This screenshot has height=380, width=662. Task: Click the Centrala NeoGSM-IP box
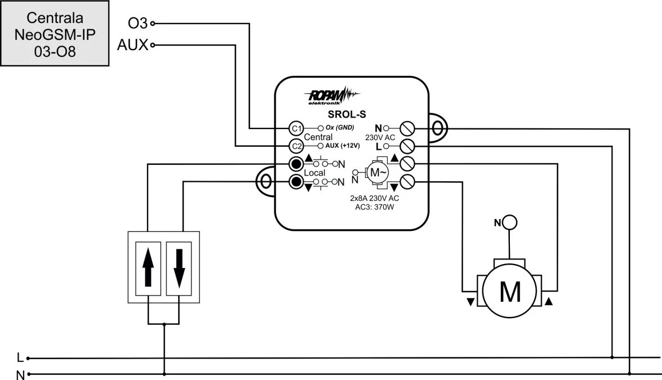tap(55, 33)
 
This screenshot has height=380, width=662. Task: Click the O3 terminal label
tap(138, 23)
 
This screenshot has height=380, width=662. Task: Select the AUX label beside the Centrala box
tap(132, 44)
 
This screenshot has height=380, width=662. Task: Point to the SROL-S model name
tap(347, 114)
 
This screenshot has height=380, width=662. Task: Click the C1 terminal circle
tap(296, 128)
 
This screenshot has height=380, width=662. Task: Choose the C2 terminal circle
tap(296, 146)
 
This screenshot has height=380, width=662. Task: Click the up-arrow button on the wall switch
tap(148, 269)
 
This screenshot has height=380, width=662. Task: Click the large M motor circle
tap(509, 291)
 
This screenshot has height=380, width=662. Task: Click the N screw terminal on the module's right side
tap(407, 128)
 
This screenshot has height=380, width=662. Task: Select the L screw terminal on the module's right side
tap(407, 146)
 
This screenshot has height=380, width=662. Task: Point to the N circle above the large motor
tap(510, 222)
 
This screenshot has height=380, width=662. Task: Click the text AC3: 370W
tap(375, 207)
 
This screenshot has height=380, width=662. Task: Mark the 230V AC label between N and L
tap(380, 137)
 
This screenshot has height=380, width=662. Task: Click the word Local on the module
tap(314, 173)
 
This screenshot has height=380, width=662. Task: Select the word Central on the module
tap(318, 137)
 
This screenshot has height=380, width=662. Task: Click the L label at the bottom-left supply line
tap(20, 357)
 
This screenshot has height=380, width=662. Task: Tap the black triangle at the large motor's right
tap(548, 301)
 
